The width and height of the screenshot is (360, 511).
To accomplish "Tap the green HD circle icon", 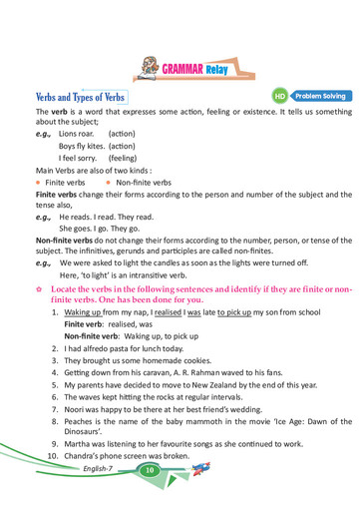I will (x=280, y=97).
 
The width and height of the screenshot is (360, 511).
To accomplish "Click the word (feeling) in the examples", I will (x=122, y=158).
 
